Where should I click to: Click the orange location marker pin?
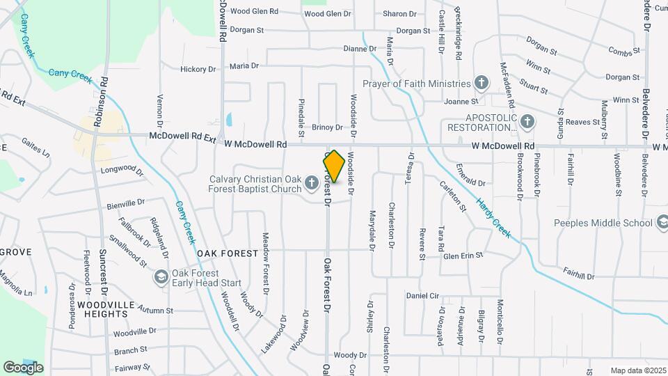click(x=334, y=166)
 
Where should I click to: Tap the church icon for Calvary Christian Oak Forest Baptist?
click(x=312, y=185)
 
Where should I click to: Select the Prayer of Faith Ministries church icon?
click(x=480, y=84)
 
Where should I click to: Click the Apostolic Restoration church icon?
click(x=527, y=122)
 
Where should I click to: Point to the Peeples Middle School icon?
click(x=662, y=223)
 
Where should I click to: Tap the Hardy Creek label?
click(x=493, y=218)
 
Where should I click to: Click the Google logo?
click(x=23, y=367)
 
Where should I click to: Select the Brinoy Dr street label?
click(x=327, y=127)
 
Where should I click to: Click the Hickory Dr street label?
click(x=198, y=70)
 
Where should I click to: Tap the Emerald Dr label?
click(x=470, y=182)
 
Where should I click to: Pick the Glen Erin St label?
click(x=463, y=256)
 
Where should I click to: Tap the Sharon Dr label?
click(x=399, y=14)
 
